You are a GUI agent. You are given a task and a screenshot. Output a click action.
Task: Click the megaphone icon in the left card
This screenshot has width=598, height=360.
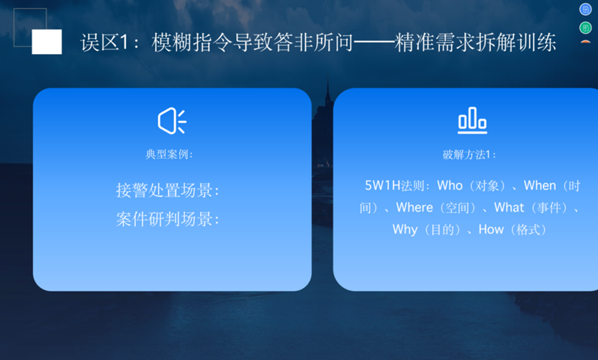[x=172, y=121]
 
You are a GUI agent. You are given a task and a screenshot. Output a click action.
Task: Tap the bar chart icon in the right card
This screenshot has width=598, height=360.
[x=473, y=120]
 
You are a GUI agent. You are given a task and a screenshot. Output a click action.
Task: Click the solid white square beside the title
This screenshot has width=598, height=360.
[x=47, y=42]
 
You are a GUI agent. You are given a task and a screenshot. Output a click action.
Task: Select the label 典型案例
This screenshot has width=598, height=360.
[x=169, y=154]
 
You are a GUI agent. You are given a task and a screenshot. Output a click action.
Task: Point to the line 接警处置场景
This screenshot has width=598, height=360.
[x=168, y=190]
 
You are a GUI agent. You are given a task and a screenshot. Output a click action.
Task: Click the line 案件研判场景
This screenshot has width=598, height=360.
[x=168, y=219]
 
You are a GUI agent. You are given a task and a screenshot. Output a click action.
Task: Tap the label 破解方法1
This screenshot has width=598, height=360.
[x=468, y=155]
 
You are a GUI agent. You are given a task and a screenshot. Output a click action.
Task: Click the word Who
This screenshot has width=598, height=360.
[x=450, y=186]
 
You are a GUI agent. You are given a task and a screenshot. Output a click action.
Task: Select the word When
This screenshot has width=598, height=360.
[x=540, y=186]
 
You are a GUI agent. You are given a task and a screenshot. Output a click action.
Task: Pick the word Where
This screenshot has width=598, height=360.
[x=414, y=207]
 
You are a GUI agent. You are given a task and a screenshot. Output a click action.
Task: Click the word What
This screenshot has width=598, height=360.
[x=509, y=207]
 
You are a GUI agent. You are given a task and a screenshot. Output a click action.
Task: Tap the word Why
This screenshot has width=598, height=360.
[x=405, y=230]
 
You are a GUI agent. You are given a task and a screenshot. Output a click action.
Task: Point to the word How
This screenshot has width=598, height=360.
[x=491, y=230]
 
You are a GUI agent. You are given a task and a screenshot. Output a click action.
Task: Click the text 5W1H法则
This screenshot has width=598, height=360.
[x=394, y=186]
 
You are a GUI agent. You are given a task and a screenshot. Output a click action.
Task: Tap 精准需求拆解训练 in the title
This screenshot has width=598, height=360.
[x=476, y=42]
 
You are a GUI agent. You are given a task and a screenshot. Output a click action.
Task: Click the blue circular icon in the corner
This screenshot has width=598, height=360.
[x=586, y=9]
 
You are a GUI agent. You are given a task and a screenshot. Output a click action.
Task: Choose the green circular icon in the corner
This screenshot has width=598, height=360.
[x=586, y=28]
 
